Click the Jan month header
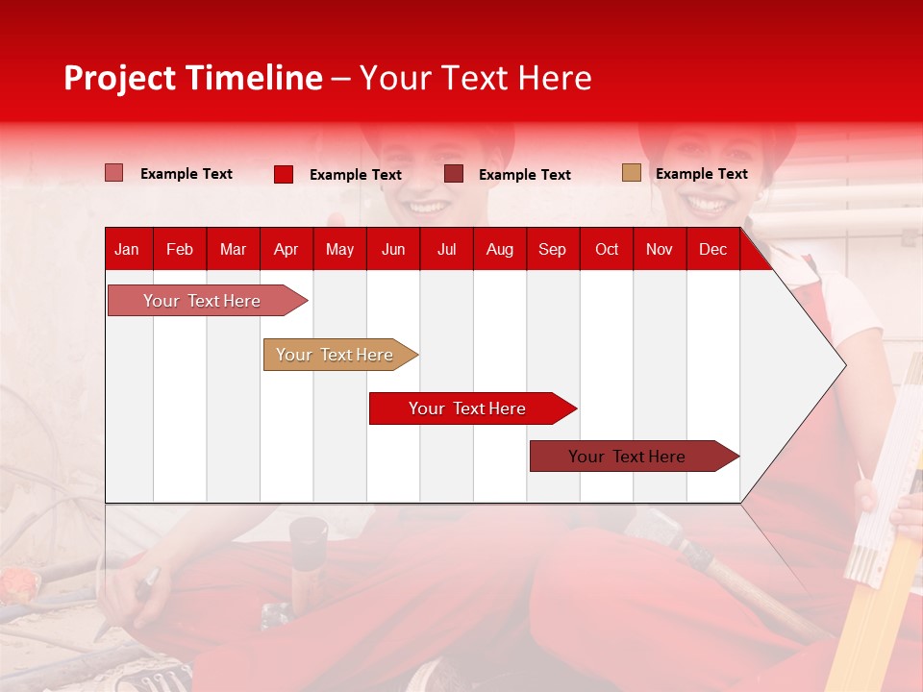click(127, 249)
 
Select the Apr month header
click(286, 249)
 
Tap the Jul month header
click(446, 249)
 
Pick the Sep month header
click(552, 249)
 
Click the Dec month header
click(712, 249)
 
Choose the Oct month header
click(606, 249)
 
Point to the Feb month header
click(180, 249)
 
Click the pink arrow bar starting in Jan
click(203, 301)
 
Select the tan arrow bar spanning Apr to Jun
click(336, 355)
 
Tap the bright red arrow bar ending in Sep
click(467, 408)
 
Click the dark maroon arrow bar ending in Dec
click(628, 457)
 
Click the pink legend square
click(114, 173)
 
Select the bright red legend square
click(284, 174)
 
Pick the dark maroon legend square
click(454, 174)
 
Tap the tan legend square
click(631, 173)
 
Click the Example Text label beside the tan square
click(701, 174)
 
